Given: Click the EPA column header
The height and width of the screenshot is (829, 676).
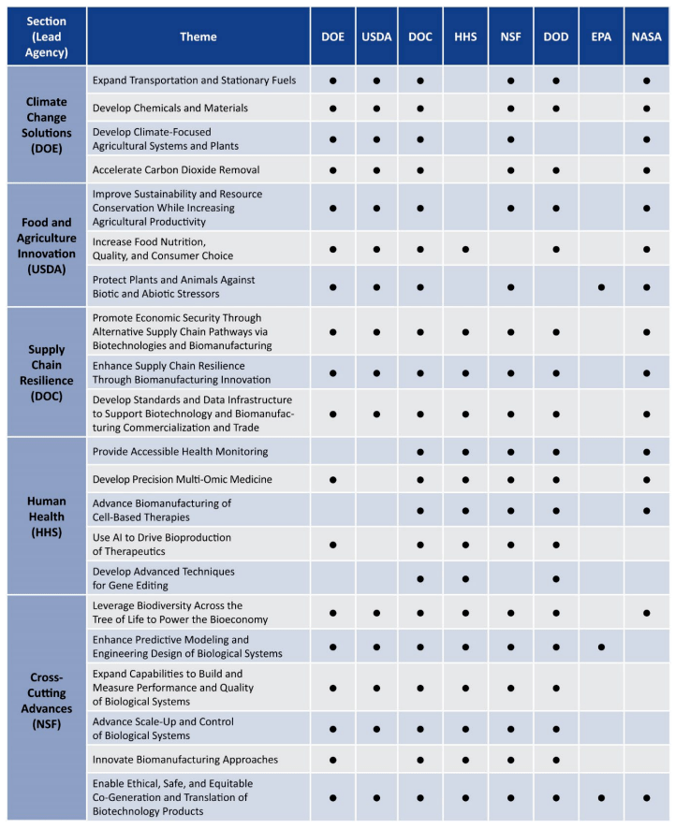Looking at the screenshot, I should point(601,36).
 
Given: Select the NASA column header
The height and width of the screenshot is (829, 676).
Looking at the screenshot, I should point(647,36).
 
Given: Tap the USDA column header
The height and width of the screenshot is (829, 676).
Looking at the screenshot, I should point(375,36).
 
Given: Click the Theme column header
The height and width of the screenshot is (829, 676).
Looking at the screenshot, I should point(198,36).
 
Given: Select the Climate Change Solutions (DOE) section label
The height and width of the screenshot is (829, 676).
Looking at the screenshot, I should point(45,124).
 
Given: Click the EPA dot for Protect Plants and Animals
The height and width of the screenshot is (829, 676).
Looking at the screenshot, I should point(601,287).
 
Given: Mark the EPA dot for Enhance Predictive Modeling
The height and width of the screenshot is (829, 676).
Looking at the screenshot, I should point(601,646).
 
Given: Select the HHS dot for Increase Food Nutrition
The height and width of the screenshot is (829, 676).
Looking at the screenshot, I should point(465,249).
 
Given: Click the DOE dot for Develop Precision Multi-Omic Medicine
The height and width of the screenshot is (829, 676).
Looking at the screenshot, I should point(332,479).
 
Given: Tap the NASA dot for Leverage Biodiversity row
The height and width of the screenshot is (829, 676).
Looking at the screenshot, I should point(647,613).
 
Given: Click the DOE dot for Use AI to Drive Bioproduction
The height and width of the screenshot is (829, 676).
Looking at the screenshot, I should point(332,545).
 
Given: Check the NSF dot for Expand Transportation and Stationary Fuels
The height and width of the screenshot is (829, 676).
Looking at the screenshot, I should point(510,80).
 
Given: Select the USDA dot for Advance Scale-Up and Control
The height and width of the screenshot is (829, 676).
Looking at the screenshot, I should point(375,726).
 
